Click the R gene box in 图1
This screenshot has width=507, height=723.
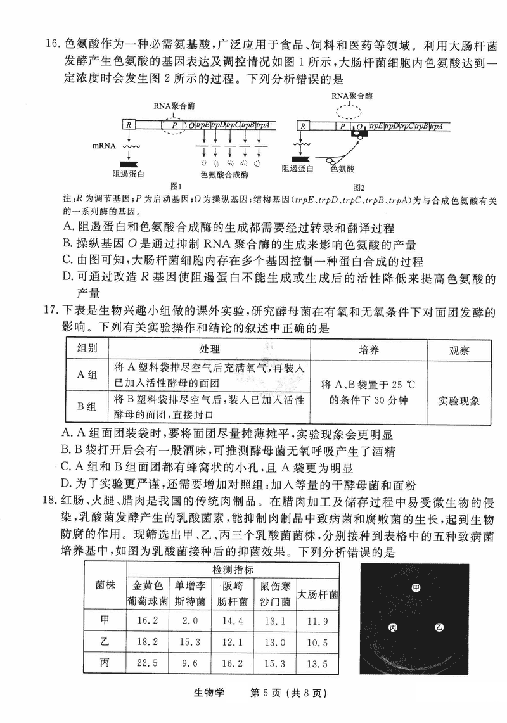point(129,125)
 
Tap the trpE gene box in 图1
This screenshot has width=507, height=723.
point(203,125)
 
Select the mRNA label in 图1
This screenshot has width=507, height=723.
point(105,146)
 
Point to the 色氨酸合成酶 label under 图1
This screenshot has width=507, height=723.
point(225,175)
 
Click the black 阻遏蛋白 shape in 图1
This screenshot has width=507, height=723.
point(129,164)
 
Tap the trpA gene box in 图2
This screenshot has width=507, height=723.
point(437,126)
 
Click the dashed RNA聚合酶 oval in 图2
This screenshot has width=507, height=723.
point(349,111)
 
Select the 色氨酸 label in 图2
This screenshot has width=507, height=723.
point(342,169)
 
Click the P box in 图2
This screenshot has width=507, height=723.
point(343,126)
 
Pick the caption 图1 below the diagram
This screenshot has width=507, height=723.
point(176,186)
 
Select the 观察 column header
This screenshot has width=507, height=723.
point(459,350)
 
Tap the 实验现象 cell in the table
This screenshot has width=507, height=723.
point(459,400)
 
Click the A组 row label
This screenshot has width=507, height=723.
point(87,374)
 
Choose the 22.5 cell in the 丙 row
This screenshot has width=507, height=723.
point(147,663)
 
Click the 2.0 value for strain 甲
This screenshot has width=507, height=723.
point(189,620)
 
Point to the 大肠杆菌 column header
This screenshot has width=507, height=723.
point(318,594)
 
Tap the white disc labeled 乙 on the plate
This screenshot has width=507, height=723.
point(439,627)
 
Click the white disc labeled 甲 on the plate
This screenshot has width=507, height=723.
point(416,587)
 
